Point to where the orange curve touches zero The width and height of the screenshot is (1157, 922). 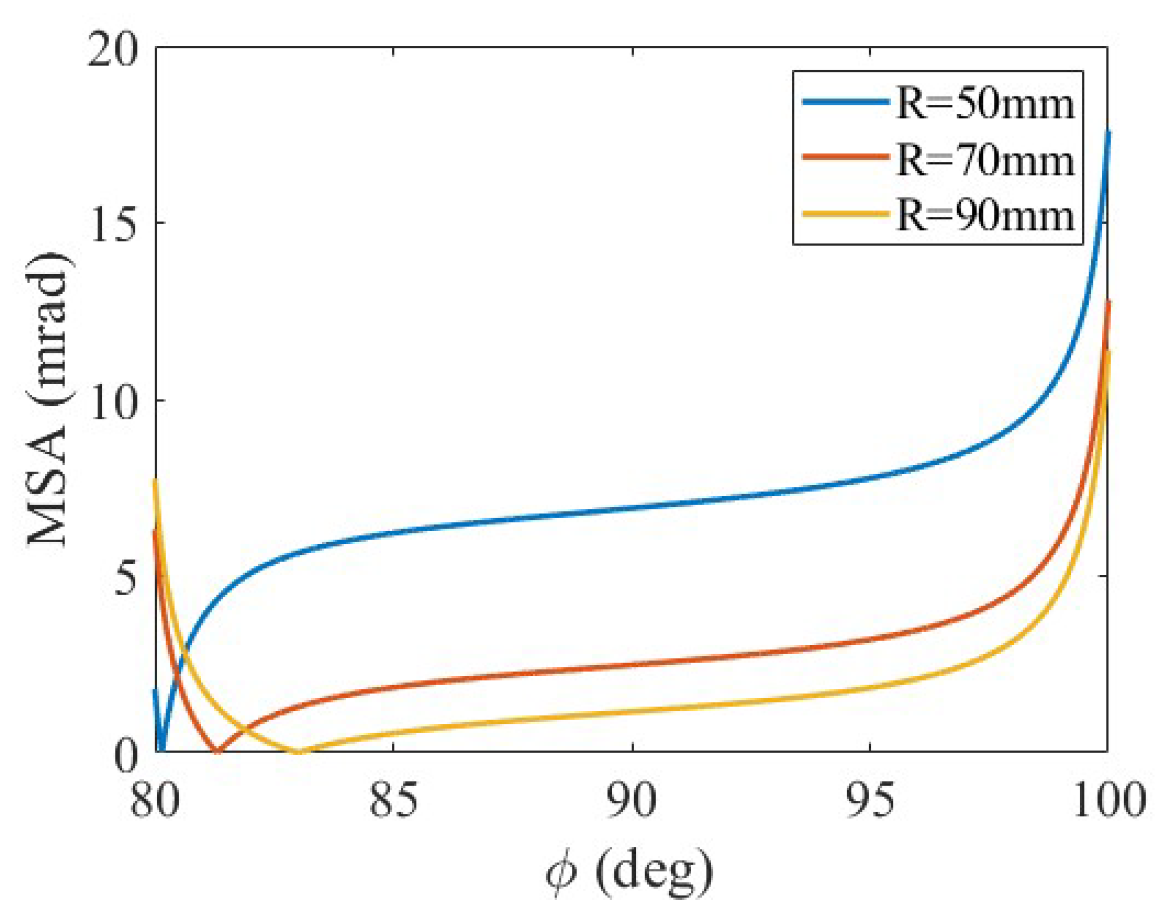click(217, 751)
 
